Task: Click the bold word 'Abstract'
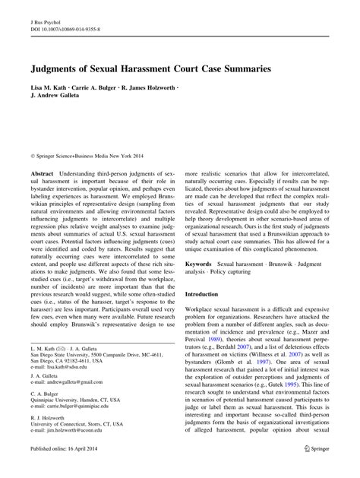tap(40, 173)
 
